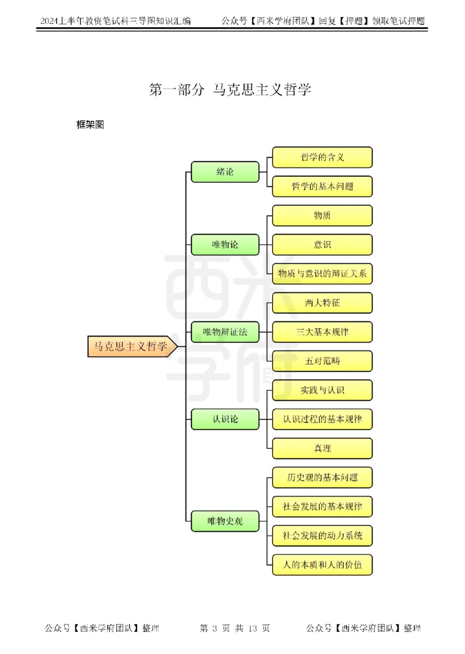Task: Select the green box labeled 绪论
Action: (x=225, y=171)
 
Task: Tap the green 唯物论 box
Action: (x=225, y=245)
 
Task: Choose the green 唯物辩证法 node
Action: (x=225, y=332)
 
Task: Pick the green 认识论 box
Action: (x=225, y=419)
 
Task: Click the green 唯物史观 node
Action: (x=225, y=521)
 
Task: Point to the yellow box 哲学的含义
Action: (x=322, y=157)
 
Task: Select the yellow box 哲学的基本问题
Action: (x=322, y=187)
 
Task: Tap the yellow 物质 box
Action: (x=322, y=216)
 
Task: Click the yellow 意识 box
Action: (x=322, y=245)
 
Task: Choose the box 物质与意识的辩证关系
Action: (x=322, y=274)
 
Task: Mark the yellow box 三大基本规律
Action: (x=322, y=332)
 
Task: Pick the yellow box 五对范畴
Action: (x=322, y=361)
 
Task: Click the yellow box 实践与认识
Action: (x=322, y=390)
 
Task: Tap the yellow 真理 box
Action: (x=322, y=448)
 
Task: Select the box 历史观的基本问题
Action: (x=322, y=478)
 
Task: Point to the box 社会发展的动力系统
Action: (x=322, y=535)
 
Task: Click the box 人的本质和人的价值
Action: (x=322, y=564)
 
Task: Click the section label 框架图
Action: (x=90, y=125)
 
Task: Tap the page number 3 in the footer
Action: (x=214, y=628)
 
